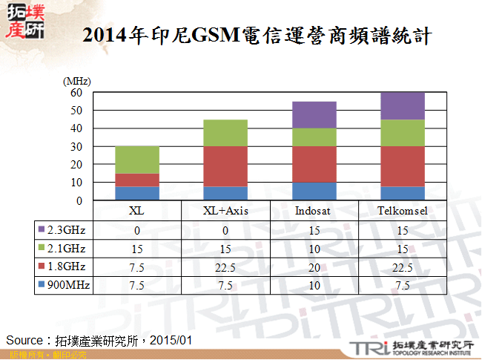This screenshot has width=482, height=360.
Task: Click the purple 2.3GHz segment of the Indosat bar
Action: (314, 114)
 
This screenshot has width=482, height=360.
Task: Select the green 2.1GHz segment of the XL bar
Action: (137, 160)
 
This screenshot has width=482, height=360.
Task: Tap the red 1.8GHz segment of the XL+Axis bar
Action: (225, 166)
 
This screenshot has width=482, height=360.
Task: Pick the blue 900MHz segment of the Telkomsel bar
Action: (403, 193)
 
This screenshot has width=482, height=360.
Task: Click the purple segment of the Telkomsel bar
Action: (403, 106)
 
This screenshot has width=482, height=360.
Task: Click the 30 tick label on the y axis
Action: (76, 147)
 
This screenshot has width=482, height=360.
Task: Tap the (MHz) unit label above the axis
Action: (77, 80)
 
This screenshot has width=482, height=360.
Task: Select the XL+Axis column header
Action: (225, 210)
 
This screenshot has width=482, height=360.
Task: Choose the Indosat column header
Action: (314, 210)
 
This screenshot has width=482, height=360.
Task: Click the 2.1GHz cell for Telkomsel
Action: (403, 248)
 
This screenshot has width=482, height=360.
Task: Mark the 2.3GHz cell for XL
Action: (137, 229)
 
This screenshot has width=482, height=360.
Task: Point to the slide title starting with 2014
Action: (257, 34)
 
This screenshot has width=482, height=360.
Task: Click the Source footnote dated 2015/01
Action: (99, 340)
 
